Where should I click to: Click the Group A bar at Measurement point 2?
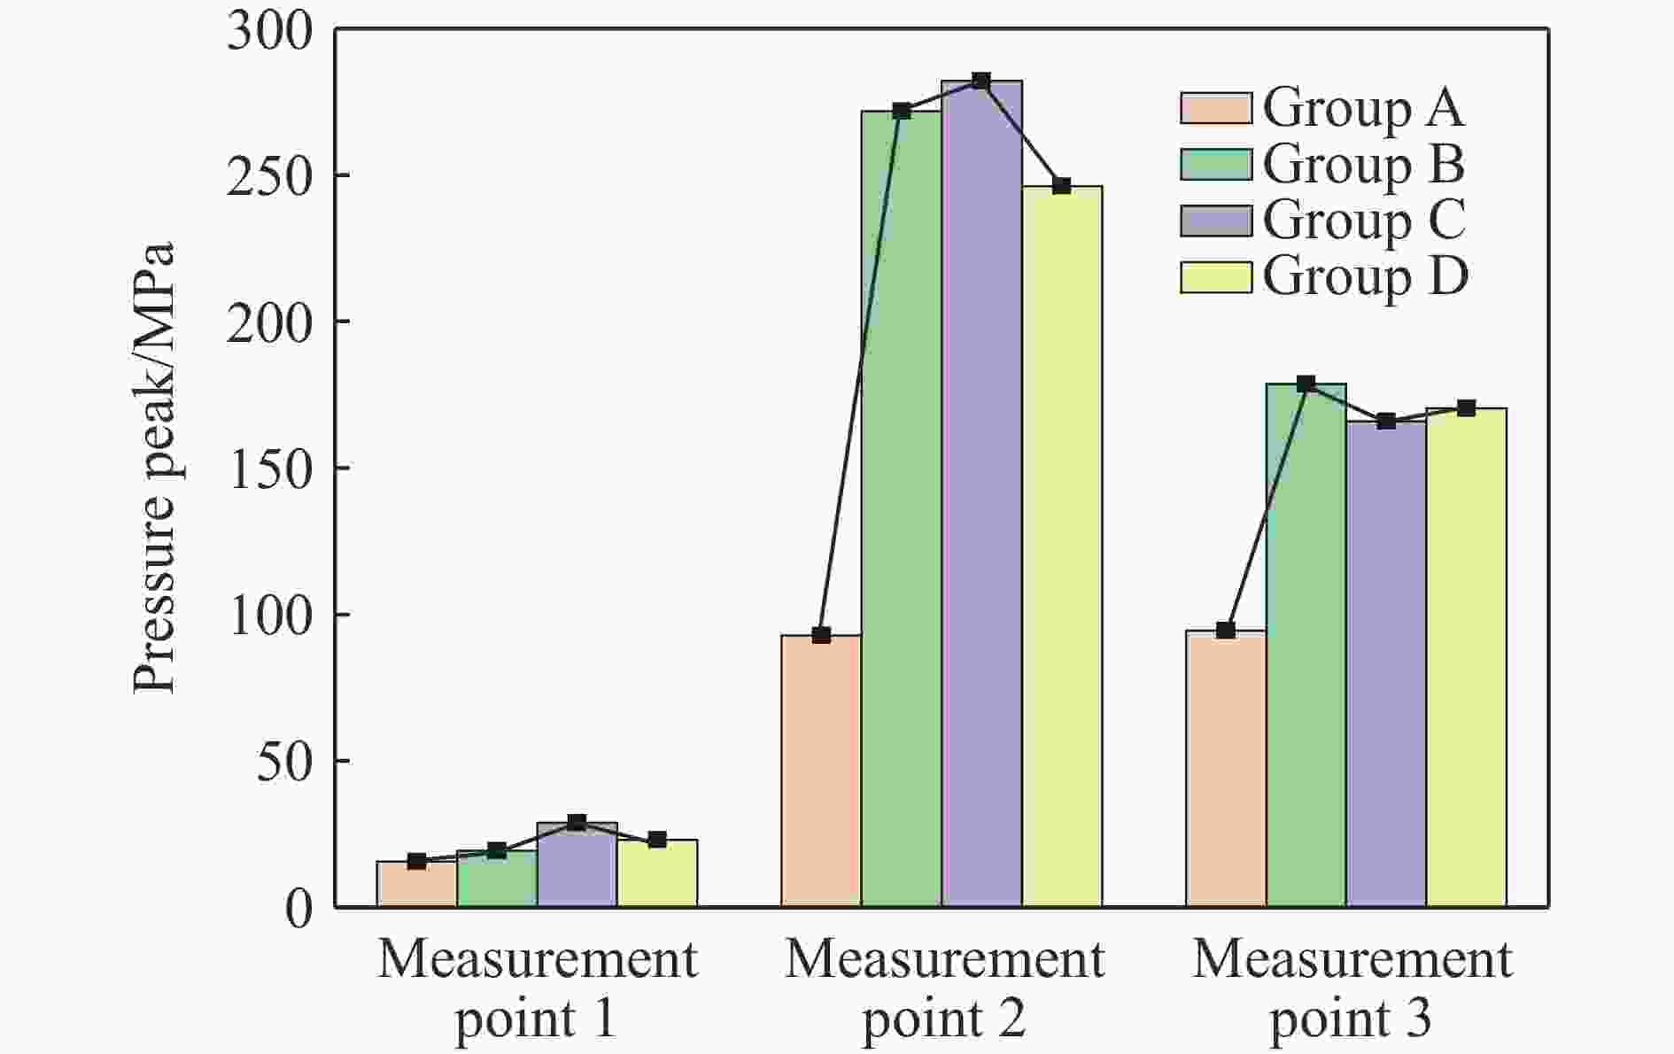(820, 771)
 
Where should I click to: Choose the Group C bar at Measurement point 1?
(577, 864)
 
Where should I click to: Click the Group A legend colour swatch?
(1215, 108)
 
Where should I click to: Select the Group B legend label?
(1364, 165)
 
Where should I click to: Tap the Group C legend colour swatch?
(1215, 221)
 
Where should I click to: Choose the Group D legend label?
(1365, 276)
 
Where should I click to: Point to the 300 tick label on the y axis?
(270, 32)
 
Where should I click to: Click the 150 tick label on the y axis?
(270, 469)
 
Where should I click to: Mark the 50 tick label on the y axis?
(284, 761)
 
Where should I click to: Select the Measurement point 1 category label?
(537, 988)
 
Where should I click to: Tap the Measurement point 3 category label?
(1352, 988)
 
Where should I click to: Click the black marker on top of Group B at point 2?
(902, 111)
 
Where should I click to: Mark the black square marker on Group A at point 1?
(416, 861)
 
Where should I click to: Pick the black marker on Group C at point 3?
(1386, 422)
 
